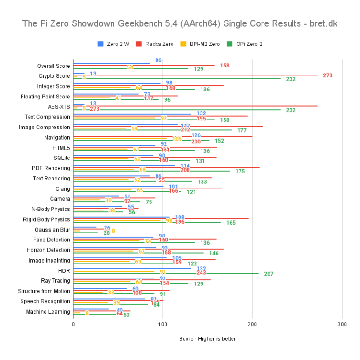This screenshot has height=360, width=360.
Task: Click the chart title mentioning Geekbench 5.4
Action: (180, 23)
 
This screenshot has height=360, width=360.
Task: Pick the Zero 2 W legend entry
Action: (115, 44)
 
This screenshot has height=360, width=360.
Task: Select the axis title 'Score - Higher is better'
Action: (207, 339)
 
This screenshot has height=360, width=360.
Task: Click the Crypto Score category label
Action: (54, 76)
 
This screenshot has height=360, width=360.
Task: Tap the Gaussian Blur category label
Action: (52, 230)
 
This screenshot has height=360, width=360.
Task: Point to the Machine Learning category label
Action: (48, 312)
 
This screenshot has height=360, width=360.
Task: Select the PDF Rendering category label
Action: (51, 168)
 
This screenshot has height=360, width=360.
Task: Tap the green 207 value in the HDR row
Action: (269, 273)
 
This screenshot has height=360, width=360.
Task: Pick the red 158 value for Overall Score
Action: (225, 66)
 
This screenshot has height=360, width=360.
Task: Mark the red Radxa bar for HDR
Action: (187, 270)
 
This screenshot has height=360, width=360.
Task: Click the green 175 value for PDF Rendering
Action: (240, 171)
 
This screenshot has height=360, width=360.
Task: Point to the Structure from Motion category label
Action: (44, 291)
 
